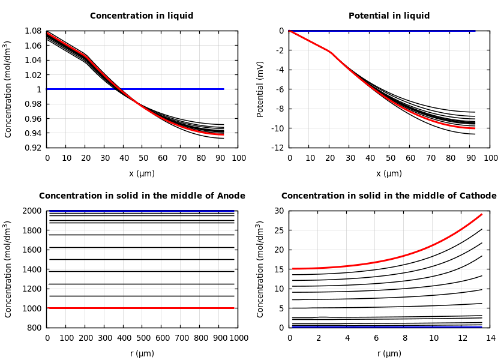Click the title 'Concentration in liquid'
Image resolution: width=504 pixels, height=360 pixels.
click(142, 16)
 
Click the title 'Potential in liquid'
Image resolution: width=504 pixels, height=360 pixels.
click(389, 16)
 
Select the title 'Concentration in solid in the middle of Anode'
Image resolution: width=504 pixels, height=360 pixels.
click(142, 196)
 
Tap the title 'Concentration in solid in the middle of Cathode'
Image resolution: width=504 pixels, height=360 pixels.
click(389, 196)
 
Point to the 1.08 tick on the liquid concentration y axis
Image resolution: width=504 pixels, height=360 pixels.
click(34, 31)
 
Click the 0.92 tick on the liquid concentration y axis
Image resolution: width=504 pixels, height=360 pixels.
click(34, 148)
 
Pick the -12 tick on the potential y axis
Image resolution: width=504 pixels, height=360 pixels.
click(277, 148)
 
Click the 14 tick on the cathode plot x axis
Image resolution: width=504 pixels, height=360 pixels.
click(491, 338)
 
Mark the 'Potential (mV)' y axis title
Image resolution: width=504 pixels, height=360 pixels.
click(260, 89)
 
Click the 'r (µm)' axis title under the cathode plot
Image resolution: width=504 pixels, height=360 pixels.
click(389, 353)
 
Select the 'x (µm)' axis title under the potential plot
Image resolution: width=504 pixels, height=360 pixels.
click(389, 173)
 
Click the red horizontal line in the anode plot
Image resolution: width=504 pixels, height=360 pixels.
click(140, 308)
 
